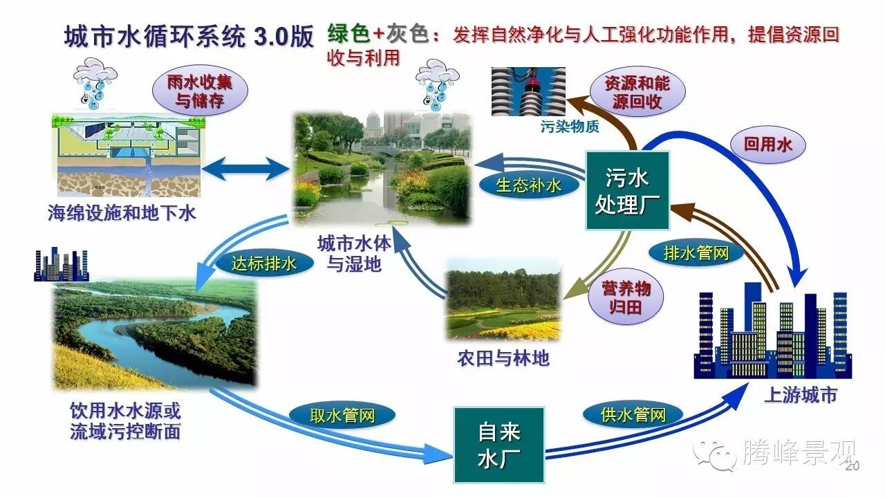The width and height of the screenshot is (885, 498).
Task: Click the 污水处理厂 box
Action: [627, 191]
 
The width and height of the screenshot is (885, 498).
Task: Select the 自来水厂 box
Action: [499, 445]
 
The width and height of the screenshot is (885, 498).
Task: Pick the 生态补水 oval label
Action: [529, 185]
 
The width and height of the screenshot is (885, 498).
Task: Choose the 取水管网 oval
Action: [342, 415]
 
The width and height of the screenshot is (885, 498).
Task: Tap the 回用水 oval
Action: [767, 145]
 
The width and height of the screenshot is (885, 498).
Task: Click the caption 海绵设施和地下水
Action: [122, 213]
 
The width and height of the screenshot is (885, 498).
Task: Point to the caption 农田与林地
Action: [503, 358]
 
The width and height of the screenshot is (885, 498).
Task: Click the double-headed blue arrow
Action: [246, 168]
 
